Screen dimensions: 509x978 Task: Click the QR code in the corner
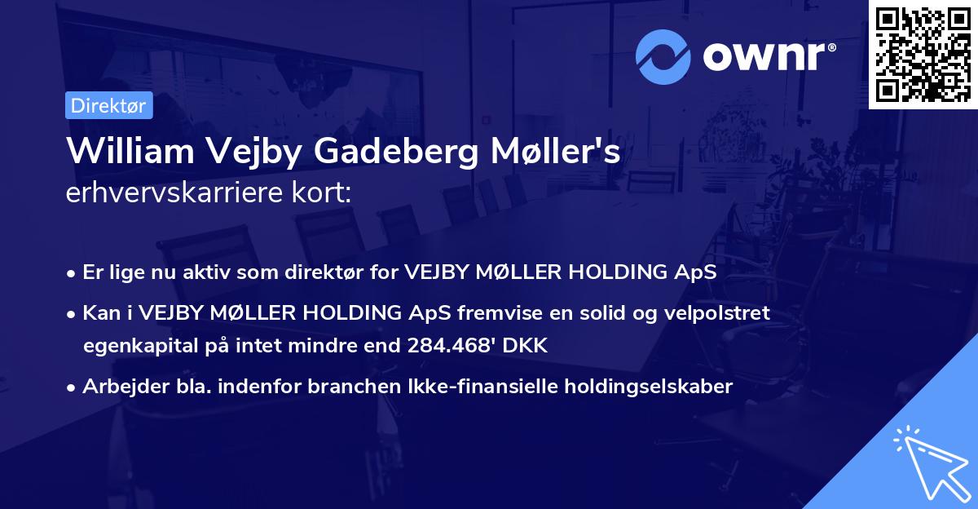coord(923,54)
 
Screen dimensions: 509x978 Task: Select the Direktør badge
coord(108,105)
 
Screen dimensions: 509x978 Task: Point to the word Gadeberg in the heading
coord(394,153)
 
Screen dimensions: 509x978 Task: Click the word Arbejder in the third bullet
coord(118,386)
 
